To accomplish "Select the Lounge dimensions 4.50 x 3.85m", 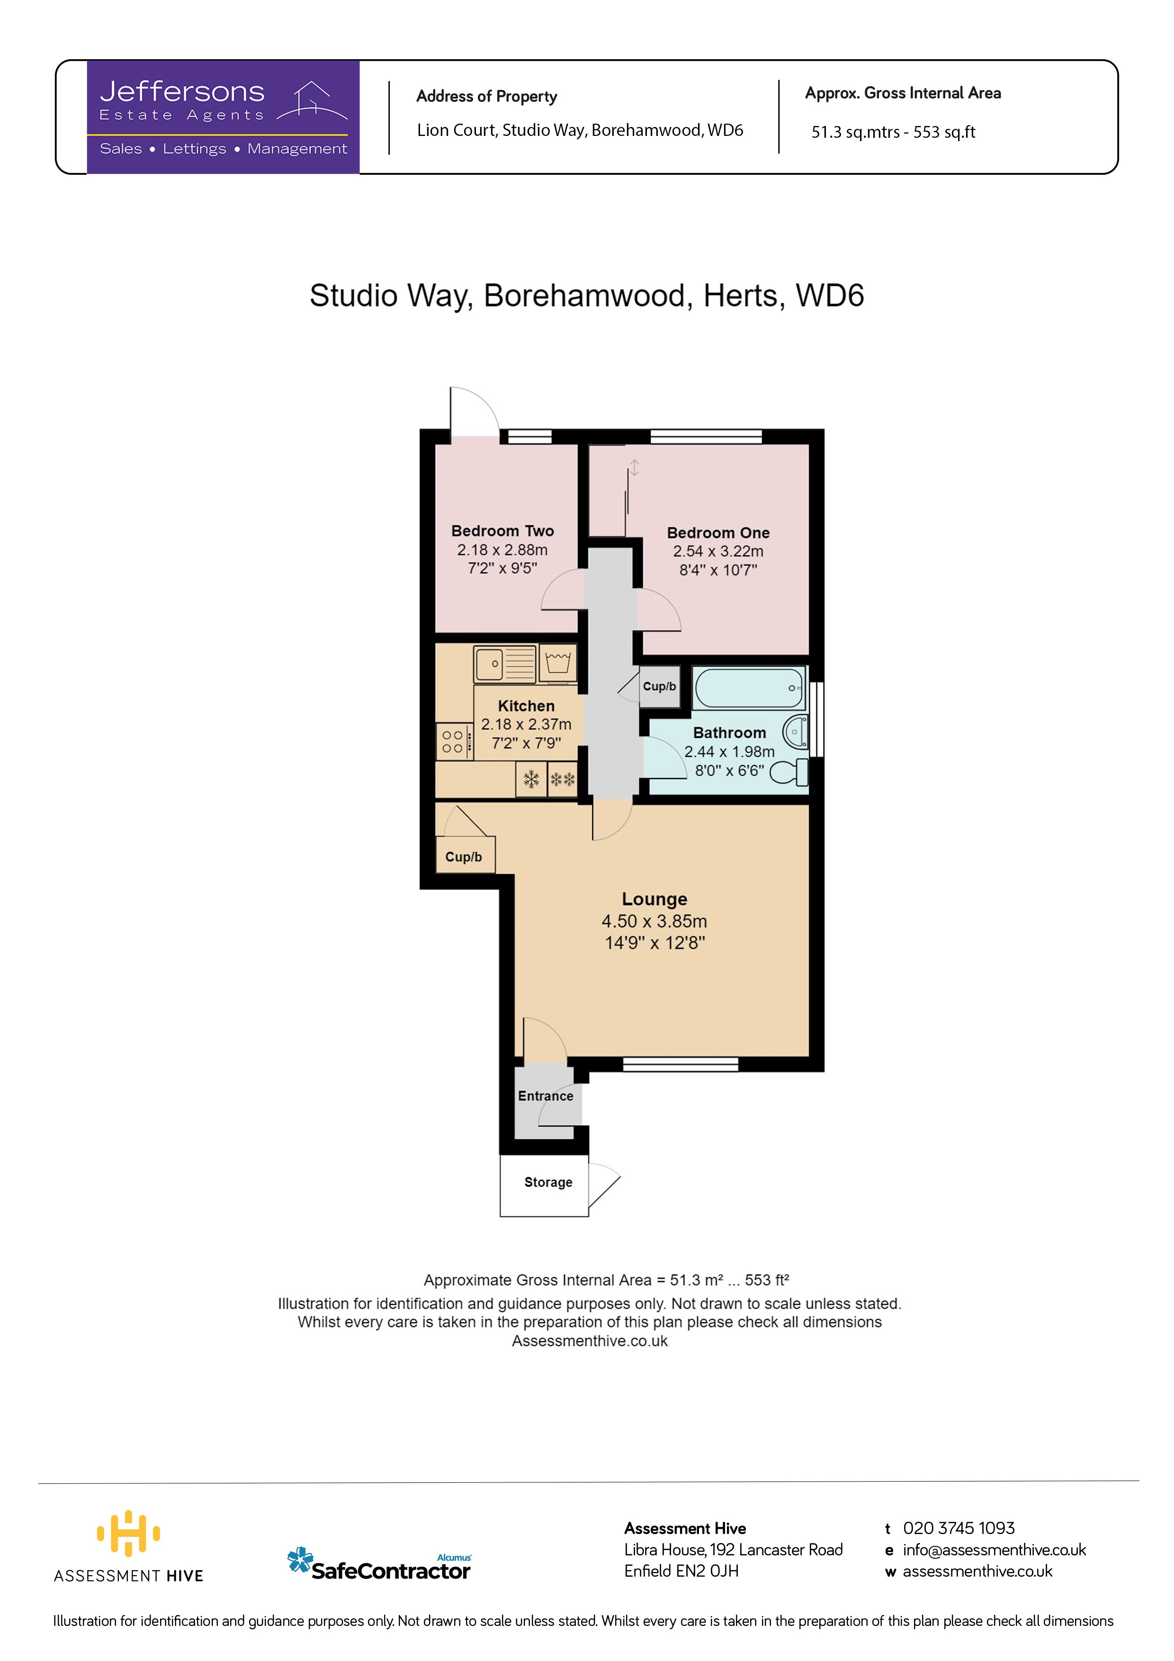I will pos(654,921).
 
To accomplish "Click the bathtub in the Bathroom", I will pos(749,687).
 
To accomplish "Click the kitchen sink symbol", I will pos(505,664).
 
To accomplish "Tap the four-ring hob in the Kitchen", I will pos(454,742).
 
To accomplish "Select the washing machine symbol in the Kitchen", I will pos(558,663).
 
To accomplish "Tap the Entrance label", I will pos(546,1096).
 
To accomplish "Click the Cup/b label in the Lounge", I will pos(463,856).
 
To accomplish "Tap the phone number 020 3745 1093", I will pos(959,1528).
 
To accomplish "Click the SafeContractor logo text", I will pos(391,1571).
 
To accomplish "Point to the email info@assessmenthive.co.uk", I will pos(994,1550).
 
